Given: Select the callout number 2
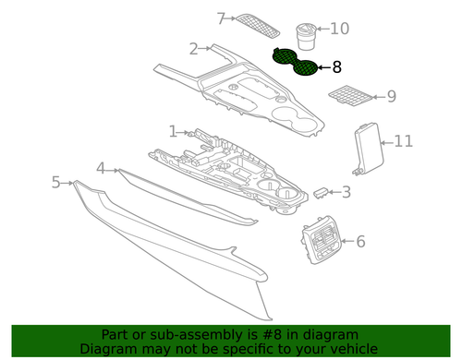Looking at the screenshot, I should pos(193,49).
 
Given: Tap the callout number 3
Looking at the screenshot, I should pos(346,193).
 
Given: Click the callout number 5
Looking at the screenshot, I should pos(56,182).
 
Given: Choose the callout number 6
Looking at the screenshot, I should pos(359,242).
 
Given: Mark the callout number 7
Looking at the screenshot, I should pos(221,18).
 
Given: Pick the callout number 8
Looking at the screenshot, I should pos(336,66).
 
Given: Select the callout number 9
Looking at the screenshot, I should pos(391,95).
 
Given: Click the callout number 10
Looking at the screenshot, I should pos(339,29).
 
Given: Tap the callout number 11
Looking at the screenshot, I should pos(403,141).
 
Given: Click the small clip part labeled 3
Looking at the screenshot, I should pos(320,192).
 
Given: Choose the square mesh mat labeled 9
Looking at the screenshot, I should pos(350,95).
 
